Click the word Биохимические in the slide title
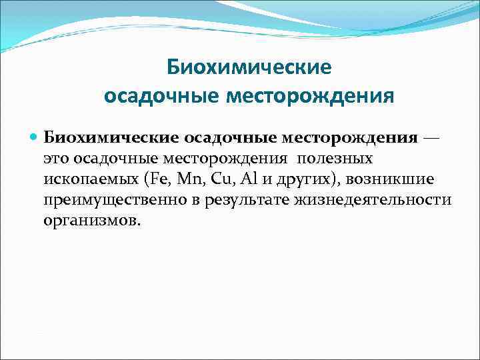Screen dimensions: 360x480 248,67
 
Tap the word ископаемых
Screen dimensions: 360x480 87,180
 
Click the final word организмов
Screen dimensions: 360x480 92,221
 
